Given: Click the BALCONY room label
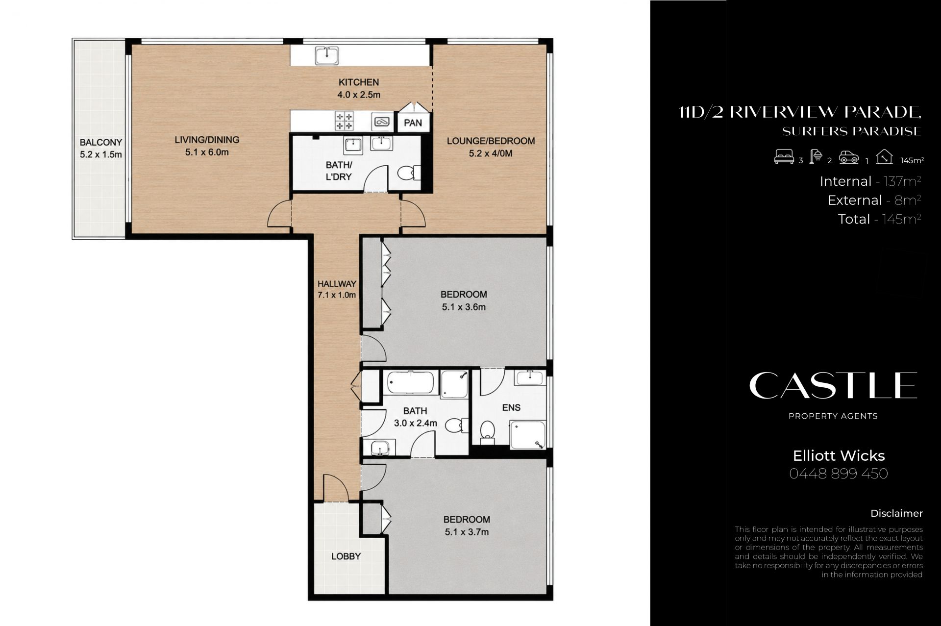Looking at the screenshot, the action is click(x=101, y=143).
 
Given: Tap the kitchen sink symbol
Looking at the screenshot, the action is click(x=326, y=55).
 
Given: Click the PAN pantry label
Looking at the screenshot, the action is click(x=413, y=123).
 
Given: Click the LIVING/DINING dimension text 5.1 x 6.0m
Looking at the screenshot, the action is click(x=207, y=152).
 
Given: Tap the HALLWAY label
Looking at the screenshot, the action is click(x=337, y=284).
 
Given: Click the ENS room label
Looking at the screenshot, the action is click(x=511, y=407).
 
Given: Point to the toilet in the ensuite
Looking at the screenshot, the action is click(x=487, y=432).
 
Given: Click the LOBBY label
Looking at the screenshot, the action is click(x=346, y=556).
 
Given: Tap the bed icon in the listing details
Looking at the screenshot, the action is click(x=784, y=157).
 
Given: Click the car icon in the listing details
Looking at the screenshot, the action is click(x=849, y=157).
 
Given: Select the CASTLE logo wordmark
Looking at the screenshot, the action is click(x=833, y=385).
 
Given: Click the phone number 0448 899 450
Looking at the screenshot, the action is click(x=839, y=474).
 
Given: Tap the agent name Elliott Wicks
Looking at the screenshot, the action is click(x=839, y=456).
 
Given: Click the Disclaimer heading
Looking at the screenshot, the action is click(x=896, y=513).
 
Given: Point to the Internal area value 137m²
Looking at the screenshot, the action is click(x=902, y=181).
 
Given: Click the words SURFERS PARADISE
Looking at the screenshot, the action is click(x=852, y=131).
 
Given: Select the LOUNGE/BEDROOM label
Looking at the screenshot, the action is click(x=491, y=141).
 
